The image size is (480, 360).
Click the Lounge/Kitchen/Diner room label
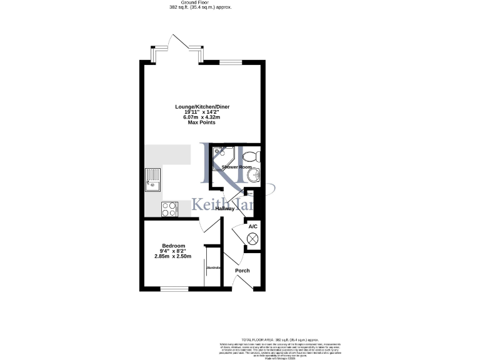[x=202, y=107]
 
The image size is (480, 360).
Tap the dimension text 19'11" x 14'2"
[x=202, y=112]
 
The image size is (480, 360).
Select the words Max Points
[x=202, y=122]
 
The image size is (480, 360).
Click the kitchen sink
[x=152, y=179]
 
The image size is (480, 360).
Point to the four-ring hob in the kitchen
[x=169, y=209]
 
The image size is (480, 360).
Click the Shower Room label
[x=236, y=167]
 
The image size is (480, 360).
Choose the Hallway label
[x=224, y=208]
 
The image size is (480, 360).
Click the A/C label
[x=253, y=226]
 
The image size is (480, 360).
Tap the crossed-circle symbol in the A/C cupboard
[x=253, y=238]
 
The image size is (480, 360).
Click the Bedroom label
[x=173, y=246]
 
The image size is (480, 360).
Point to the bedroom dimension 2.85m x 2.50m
[x=173, y=256]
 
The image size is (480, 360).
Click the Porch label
[x=242, y=271]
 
